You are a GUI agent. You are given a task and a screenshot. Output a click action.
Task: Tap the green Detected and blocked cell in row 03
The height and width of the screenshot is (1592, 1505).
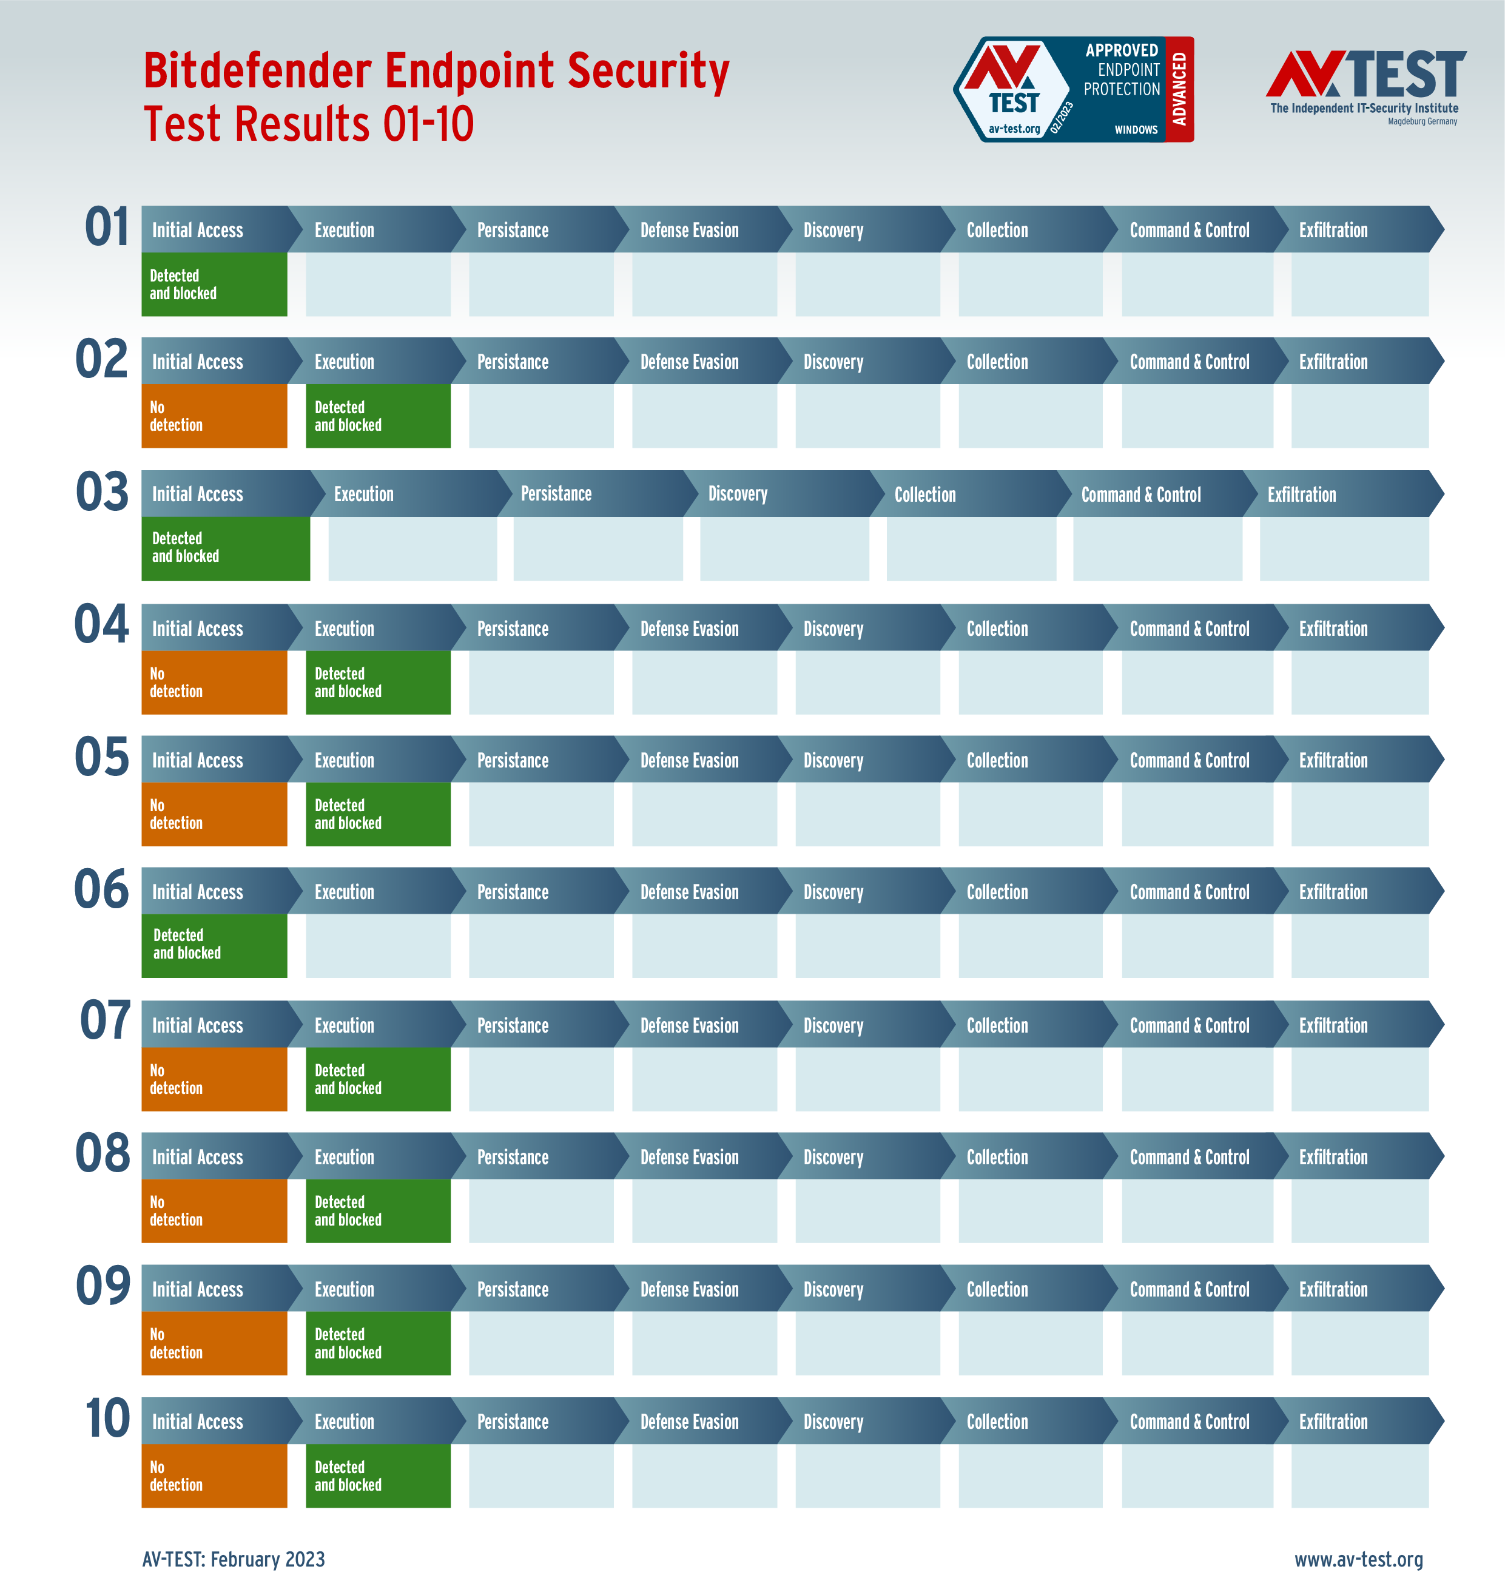click(x=226, y=548)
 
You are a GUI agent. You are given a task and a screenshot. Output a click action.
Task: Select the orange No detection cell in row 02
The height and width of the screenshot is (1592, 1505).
click(x=214, y=416)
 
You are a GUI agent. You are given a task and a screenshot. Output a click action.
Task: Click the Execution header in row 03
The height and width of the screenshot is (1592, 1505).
click(x=363, y=494)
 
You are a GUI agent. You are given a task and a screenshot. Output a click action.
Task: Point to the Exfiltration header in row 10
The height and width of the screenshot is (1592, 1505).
click(x=1333, y=1421)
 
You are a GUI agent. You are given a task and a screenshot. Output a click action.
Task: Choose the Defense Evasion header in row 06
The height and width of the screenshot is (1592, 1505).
click(x=689, y=892)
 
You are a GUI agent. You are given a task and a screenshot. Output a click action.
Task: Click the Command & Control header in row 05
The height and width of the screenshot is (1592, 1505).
click(x=1189, y=761)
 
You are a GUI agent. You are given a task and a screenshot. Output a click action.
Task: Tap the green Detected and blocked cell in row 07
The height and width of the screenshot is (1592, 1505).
click(x=378, y=1079)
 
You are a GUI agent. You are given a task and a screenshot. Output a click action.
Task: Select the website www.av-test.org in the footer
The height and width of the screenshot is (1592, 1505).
click(x=1358, y=1559)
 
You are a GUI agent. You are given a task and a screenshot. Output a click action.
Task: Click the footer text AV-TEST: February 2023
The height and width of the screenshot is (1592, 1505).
click(x=234, y=1559)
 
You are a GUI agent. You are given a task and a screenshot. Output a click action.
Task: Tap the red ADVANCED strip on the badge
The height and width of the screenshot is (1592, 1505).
click(x=1179, y=89)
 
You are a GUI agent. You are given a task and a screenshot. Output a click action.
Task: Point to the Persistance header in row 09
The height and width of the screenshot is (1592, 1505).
click(x=513, y=1289)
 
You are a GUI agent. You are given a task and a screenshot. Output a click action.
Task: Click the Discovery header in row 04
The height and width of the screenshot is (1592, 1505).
click(x=833, y=629)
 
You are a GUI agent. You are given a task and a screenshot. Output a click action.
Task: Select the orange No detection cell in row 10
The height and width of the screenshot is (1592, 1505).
click(x=214, y=1476)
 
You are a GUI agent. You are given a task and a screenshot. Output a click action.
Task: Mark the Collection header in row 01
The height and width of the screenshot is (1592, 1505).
click(x=997, y=231)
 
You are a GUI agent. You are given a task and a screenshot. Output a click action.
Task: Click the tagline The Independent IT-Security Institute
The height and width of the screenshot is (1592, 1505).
click(x=1364, y=109)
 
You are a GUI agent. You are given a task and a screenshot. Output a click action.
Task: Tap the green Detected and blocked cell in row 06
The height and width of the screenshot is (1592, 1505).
click(x=214, y=945)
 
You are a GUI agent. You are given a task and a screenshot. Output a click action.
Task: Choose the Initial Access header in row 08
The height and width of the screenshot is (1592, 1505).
click(x=197, y=1157)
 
